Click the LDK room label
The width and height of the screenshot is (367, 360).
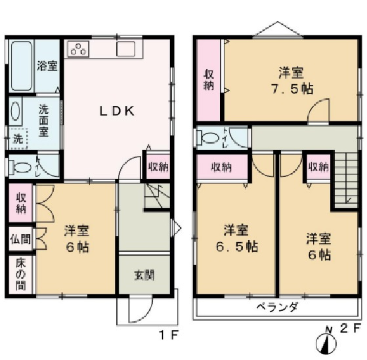[x=117, y=111]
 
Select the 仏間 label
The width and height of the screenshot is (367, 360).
[x=22, y=239]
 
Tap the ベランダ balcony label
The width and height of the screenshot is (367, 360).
[x=277, y=306]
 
